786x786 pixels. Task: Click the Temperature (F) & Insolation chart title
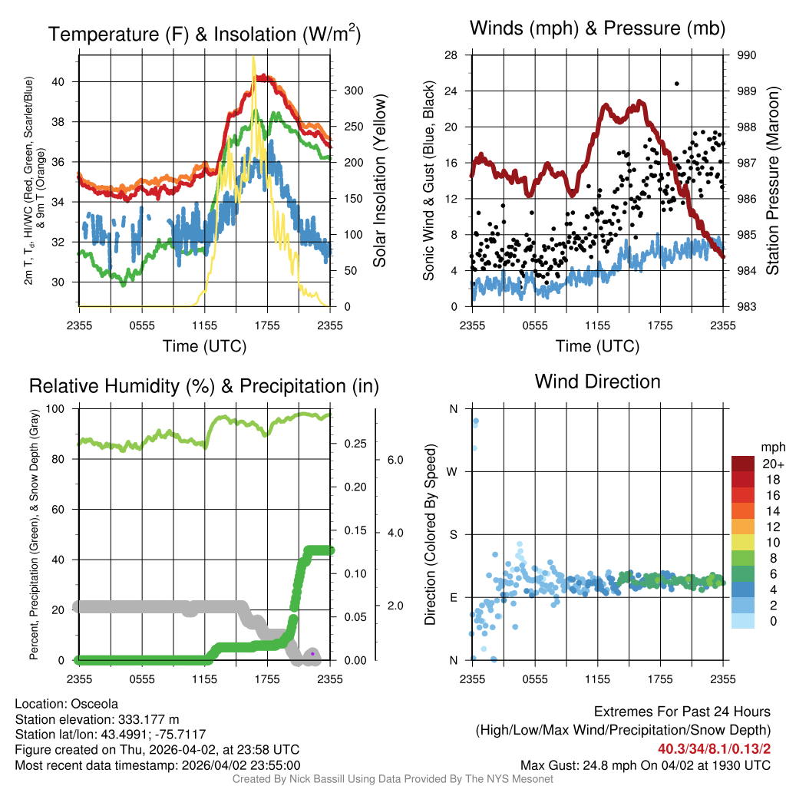[x=204, y=35]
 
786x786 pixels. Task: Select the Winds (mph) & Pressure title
[x=597, y=29]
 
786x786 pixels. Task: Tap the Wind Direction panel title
[x=597, y=381]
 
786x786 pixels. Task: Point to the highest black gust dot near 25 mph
[x=676, y=84]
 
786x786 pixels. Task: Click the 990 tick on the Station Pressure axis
[x=748, y=55]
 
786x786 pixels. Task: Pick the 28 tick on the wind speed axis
[x=451, y=55]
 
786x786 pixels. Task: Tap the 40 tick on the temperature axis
[x=67, y=82]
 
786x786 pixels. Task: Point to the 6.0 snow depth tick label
[x=395, y=460]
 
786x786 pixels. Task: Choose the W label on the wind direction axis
[x=453, y=471]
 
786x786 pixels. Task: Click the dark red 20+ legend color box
[x=744, y=464]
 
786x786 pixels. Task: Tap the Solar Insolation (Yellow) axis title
[x=379, y=181]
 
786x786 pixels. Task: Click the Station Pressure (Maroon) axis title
[x=773, y=181]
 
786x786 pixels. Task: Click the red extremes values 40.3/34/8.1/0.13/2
[x=714, y=748]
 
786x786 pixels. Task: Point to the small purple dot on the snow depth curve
[x=312, y=653]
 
